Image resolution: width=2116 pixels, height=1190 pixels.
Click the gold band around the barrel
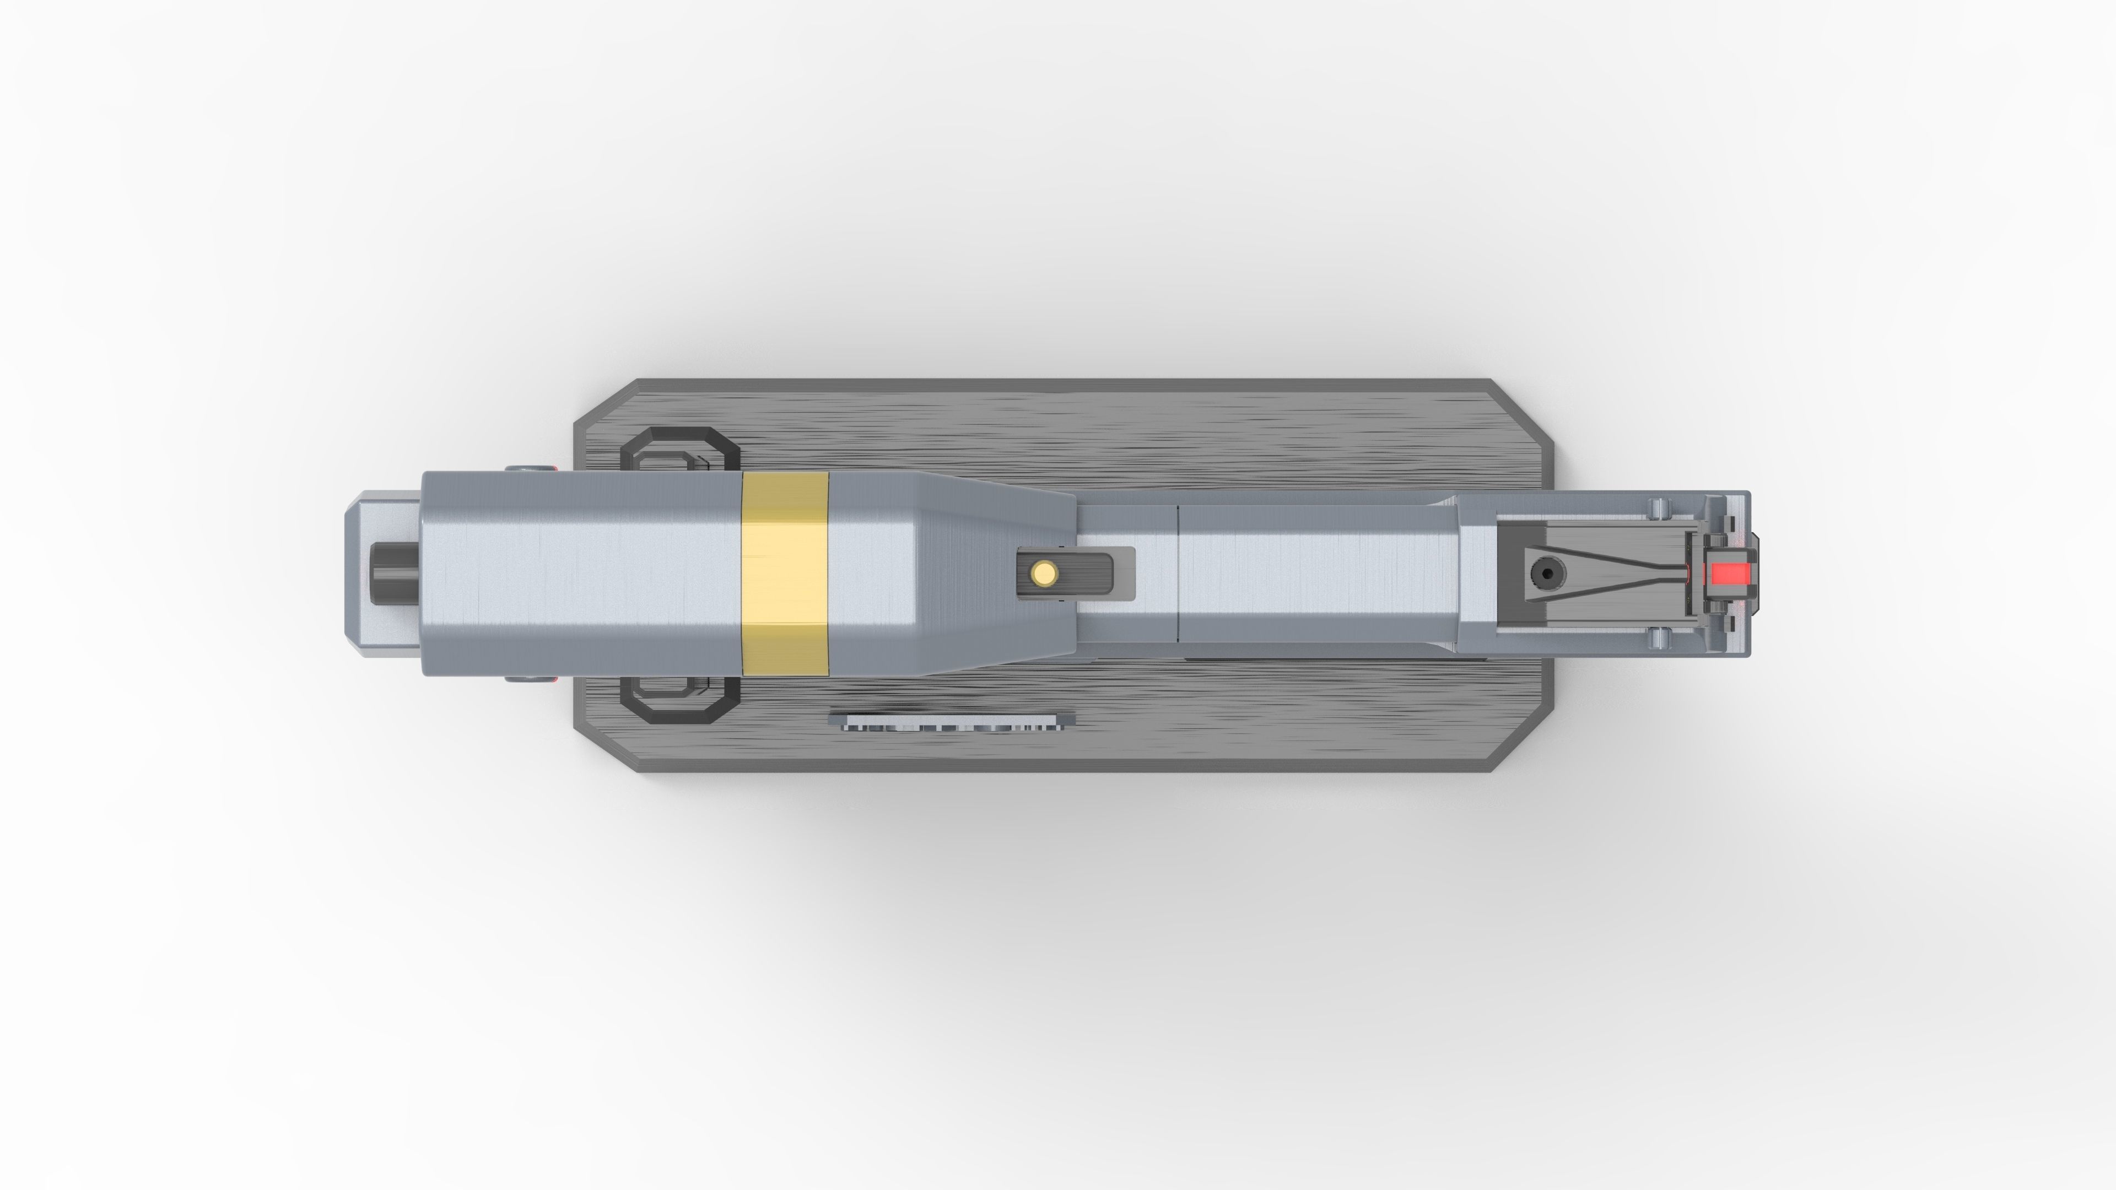pyautogui.click(x=785, y=573)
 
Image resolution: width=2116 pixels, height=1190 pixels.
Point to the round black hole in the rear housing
pyautogui.click(x=1547, y=573)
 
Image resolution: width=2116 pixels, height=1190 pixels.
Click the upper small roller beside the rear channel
pyautogui.click(x=1659, y=507)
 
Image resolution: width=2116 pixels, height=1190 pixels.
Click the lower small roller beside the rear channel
pyautogui.click(x=1659, y=638)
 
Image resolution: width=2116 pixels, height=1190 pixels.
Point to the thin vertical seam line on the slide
pyautogui.click(x=1178, y=573)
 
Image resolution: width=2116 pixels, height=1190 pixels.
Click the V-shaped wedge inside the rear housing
pyautogui.click(x=1610, y=573)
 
